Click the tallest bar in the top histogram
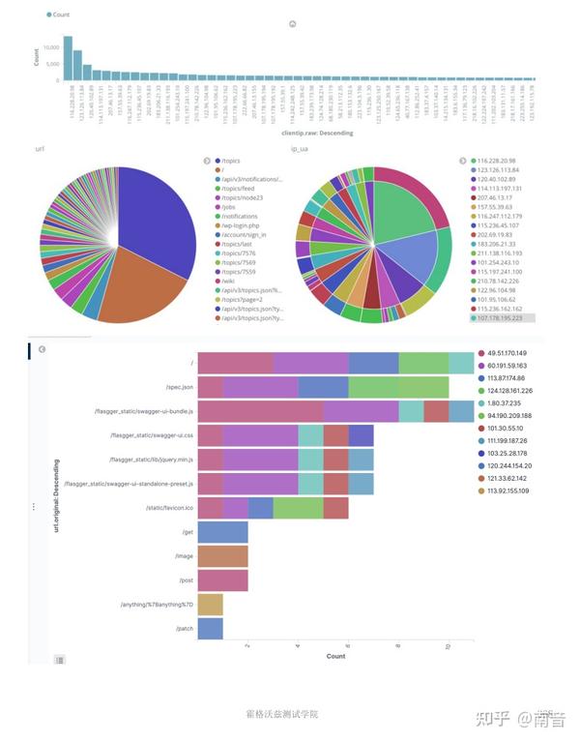pyautogui.click(x=68, y=58)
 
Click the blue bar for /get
pyautogui.click(x=223, y=532)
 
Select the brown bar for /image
pyautogui.click(x=223, y=556)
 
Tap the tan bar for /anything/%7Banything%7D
pyautogui.click(x=211, y=605)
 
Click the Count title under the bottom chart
pyautogui.click(x=335, y=656)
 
